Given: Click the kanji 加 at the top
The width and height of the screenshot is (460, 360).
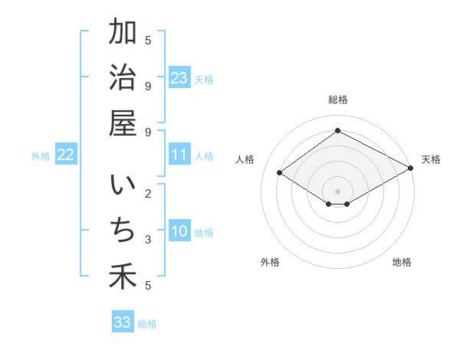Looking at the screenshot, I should [123, 33].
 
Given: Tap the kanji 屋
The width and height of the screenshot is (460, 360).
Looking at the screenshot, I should [123, 123].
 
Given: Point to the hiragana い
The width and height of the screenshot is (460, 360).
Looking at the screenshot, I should [123, 188].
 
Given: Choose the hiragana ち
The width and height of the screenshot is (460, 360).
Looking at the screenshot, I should [123, 231].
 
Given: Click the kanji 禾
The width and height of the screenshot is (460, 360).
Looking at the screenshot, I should [123, 276].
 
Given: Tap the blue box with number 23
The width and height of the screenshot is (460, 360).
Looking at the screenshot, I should [179, 78].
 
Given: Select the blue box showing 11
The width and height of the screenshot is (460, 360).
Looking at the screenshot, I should [179, 155].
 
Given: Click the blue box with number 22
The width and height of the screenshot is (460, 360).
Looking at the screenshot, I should [66, 155].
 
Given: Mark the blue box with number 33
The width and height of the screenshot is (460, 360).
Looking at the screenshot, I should [123, 322].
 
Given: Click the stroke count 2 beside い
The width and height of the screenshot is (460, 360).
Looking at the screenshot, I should [148, 193].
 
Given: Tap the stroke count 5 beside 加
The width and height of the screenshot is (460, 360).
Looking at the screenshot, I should [148, 40].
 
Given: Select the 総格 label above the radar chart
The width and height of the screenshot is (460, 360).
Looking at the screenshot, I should [337, 100].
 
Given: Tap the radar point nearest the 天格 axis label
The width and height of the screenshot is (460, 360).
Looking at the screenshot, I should [410, 169].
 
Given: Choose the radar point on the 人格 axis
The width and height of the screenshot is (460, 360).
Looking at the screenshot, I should [280, 173].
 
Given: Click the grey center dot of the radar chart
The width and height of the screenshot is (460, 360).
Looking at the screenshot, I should [337, 191].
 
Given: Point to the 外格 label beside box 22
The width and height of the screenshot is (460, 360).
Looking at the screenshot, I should [41, 156].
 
